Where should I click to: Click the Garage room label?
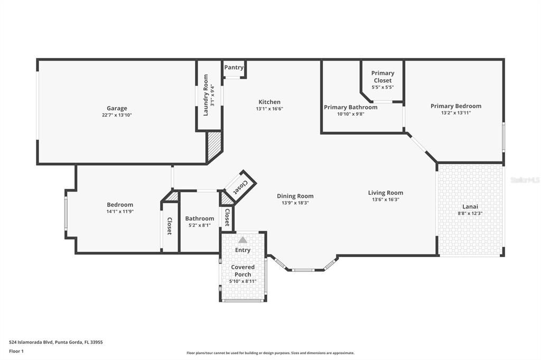point(117,108)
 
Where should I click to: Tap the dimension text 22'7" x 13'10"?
point(117,115)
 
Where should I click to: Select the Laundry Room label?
point(206,95)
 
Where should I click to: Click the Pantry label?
point(234,67)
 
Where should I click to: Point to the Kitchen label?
point(269,102)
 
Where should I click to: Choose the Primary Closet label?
point(383,77)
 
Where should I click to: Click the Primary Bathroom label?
point(350,107)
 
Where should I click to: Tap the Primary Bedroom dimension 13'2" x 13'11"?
point(455,113)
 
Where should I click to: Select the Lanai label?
point(470,206)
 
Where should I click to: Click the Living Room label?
point(385,193)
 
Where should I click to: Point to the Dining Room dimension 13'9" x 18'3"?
point(295,203)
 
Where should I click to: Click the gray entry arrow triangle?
point(242,240)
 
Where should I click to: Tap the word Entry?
point(242,250)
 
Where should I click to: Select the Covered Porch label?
point(242,270)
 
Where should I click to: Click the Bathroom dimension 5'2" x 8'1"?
point(200,225)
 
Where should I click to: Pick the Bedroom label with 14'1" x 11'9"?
point(120,205)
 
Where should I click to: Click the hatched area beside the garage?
point(214,147)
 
